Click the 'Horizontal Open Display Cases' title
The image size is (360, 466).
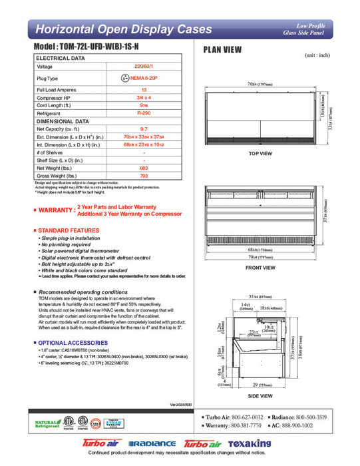pyautogui.click(x=123, y=30)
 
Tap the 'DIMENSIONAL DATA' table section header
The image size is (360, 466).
pyautogui.click(x=63, y=122)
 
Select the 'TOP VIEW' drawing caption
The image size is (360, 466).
pyautogui.click(x=260, y=153)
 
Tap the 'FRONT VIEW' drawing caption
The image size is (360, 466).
pyautogui.click(x=260, y=267)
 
